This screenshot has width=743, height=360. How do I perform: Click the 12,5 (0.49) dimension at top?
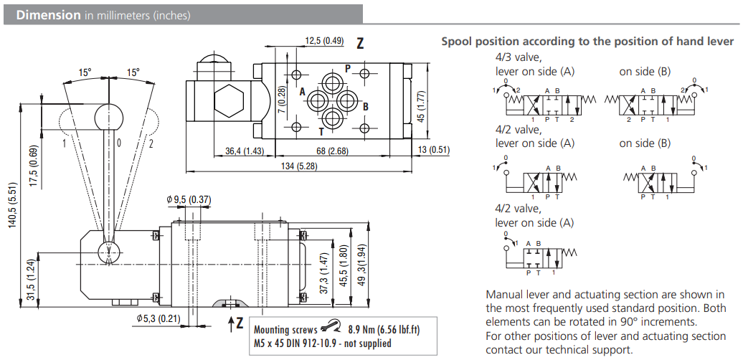[324, 41]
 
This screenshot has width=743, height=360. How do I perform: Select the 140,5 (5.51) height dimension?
[12, 207]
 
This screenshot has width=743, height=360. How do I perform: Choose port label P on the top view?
[347, 69]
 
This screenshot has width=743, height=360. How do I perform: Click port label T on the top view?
[321, 132]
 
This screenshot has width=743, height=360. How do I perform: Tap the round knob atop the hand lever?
[109, 115]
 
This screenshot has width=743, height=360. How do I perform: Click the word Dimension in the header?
[47, 14]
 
